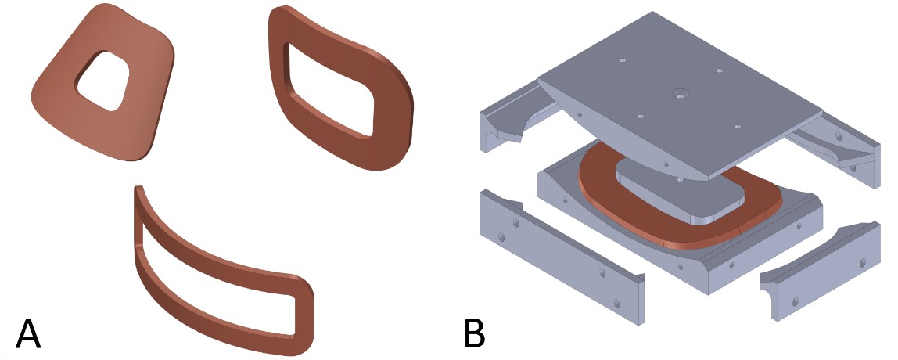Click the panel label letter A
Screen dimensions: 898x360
point(28,333)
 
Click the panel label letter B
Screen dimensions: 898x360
point(474,333)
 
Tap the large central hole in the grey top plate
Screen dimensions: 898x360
point(681,93)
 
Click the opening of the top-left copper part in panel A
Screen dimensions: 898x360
point(104,81)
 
